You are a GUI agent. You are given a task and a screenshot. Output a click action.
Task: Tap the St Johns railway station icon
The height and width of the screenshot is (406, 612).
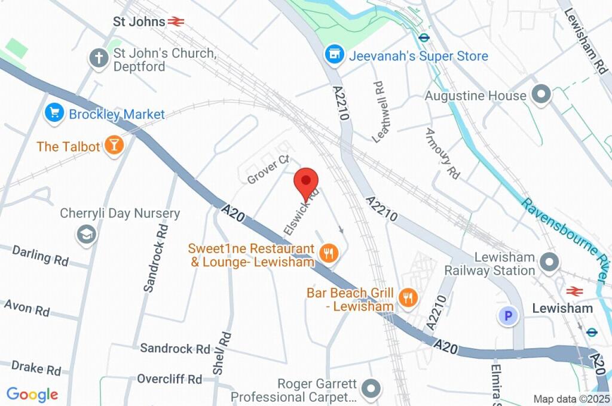pyautogui.click(x=176, y=22)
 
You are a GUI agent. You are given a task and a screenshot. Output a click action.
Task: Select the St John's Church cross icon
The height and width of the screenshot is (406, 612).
pyautogui.click(x=98, y=58)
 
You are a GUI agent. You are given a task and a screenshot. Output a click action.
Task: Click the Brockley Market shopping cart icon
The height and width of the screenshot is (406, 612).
pyautogui.click(x=54, y=113)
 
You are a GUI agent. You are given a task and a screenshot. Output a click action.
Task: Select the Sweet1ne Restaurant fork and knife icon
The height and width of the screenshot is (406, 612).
pyautogui.click(x=328, y=254)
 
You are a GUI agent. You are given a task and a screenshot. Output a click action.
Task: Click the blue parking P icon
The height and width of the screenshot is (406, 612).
pyautogui.click(x=508, y=316)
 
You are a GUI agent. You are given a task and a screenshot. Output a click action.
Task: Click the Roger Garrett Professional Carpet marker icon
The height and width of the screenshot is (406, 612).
pyautogui.click(x=371, y=389)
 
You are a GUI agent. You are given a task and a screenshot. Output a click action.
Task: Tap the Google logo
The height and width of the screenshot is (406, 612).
pyautogui.click(x=32, y=394)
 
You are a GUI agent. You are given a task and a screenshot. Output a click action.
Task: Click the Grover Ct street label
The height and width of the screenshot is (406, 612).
pyautogui.click(x=268, y=170)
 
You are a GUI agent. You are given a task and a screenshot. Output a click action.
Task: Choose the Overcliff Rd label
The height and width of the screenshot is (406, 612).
pyautogui.click(x=170, y=379)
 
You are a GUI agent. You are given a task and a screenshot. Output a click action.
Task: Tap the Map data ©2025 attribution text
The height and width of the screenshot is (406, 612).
pyautogui.click(x=571, y=398)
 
